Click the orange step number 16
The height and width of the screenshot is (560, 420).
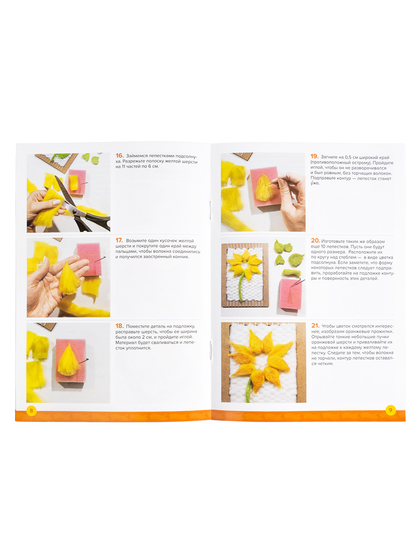pos(119,155)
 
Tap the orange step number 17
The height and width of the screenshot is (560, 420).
pos(119,240)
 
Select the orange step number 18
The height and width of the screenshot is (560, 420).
pos(119,326)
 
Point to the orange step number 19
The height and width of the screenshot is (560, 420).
pos(315,156)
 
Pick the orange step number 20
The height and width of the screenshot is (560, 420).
pos(315,241)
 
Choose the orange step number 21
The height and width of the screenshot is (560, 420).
pos(315,326)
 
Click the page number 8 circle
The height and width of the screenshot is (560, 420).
pos(31,411)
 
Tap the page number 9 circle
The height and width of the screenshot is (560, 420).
pos(391,410)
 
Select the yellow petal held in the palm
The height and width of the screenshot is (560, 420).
pos(69,279)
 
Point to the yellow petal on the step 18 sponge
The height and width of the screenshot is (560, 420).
pos(68,360)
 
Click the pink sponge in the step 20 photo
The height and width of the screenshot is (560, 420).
pos(291,294)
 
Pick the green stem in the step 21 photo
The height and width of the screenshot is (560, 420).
pos(249,390)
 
